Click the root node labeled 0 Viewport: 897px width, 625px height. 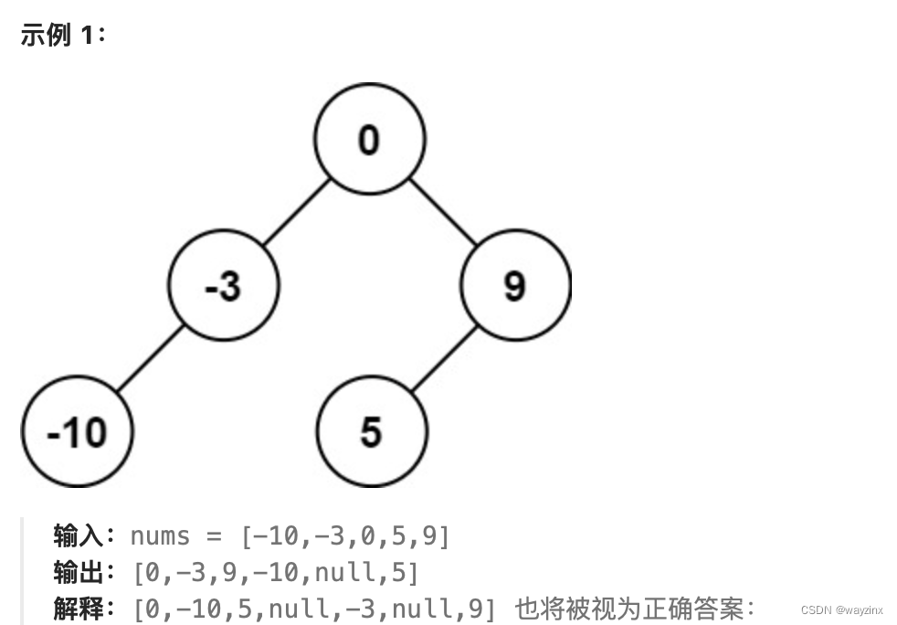[x=369, y=139]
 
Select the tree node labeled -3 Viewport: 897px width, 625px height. [x=224, y=286]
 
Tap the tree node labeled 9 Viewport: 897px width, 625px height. [x=515, y=286]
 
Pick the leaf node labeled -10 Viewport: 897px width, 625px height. [x=78, y=431]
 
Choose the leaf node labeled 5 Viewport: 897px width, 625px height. [x=370, y=431]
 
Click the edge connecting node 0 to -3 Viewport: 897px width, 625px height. [x=296, y=212]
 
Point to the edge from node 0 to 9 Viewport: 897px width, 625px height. [x=442, y=212]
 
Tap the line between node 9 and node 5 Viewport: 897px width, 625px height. [x=443, y=358]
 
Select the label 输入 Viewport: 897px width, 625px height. [x=77, y=536]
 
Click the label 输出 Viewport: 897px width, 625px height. [x=77, y=573]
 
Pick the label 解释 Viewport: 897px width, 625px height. [x=77, y=608]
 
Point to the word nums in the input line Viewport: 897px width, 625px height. [x=161, y=536]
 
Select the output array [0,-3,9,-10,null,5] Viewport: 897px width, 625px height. [x=276, y=573]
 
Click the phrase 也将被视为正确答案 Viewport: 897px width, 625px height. [x=628, y=608]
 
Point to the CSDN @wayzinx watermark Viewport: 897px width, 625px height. [x=842, y=609]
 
